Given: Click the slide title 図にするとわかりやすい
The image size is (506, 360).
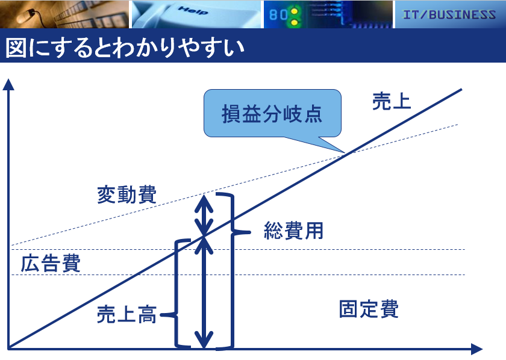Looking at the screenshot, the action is [125, 48].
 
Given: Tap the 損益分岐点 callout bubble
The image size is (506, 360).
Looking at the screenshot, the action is [272, 114].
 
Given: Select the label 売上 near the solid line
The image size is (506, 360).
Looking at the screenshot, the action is [392, 101].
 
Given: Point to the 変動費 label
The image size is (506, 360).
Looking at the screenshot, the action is [127, 194].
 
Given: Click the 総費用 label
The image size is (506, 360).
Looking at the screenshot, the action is [294, 231].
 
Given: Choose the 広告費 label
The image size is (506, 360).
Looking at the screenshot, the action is [51, 263].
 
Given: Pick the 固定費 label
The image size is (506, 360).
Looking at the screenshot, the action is [369, 309].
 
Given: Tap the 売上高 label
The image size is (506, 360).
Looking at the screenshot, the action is [127, 314].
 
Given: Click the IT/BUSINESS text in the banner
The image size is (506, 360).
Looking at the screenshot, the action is [449, 14].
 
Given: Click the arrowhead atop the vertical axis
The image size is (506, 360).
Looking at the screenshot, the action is [8, 84].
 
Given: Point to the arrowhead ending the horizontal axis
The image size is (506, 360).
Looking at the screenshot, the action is [476, 349].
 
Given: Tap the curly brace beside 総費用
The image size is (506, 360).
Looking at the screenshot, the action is [233, 271].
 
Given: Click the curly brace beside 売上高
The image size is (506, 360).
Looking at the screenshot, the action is [176, 294].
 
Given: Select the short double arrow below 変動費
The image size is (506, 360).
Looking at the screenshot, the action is [204, 215].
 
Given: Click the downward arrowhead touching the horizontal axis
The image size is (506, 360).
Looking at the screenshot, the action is [204, 340].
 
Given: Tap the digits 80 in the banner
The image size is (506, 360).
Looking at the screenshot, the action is [278, 14].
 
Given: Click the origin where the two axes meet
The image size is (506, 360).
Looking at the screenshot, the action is [8, 349].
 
